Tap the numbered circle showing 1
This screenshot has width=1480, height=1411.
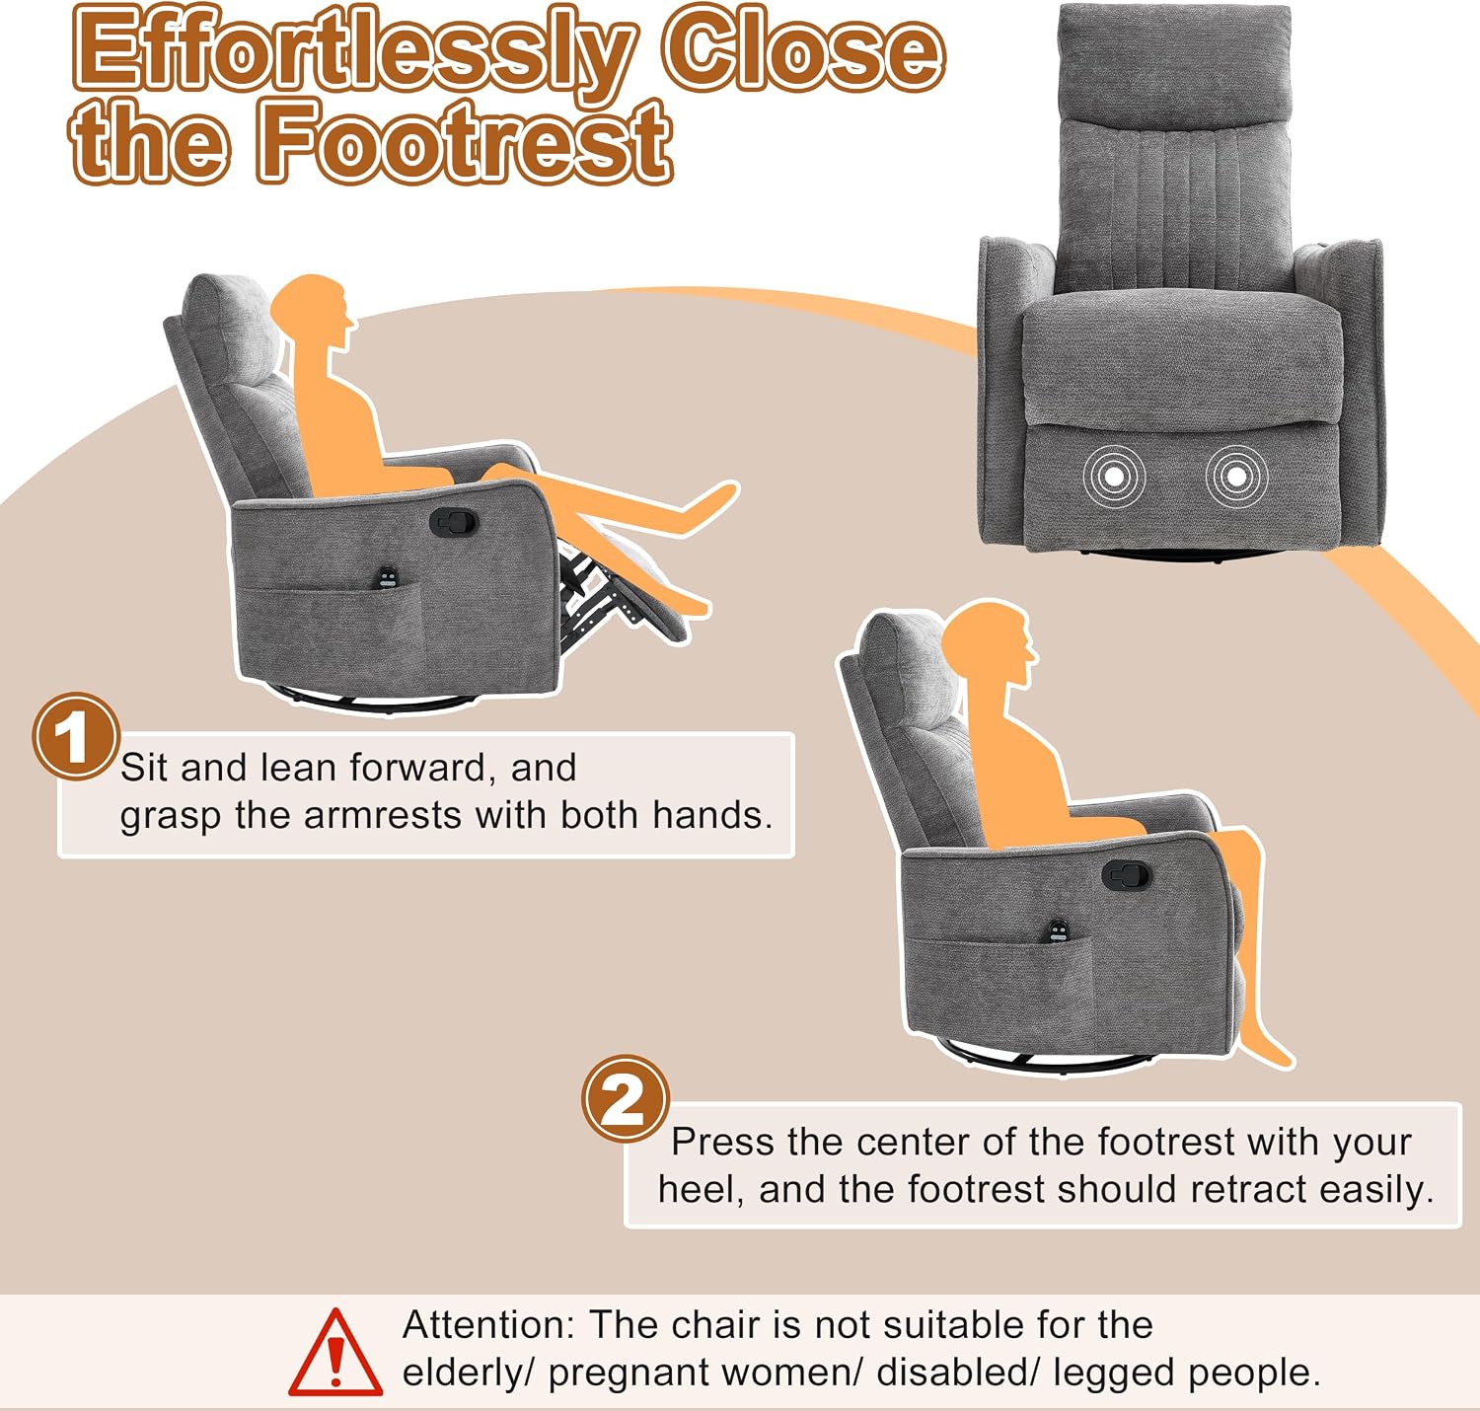click(76, 736)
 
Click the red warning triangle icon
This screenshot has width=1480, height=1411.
click(335, 1352)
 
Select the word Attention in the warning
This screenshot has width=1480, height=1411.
click(487, 1324)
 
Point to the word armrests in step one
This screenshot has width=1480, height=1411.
click(383, 815)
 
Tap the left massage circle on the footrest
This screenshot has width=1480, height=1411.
click(1114, 476)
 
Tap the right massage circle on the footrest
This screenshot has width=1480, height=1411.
click(1236, 476)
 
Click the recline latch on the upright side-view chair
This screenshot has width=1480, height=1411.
click(1127, 875)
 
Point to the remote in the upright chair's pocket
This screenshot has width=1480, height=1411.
click(1059, 931)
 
